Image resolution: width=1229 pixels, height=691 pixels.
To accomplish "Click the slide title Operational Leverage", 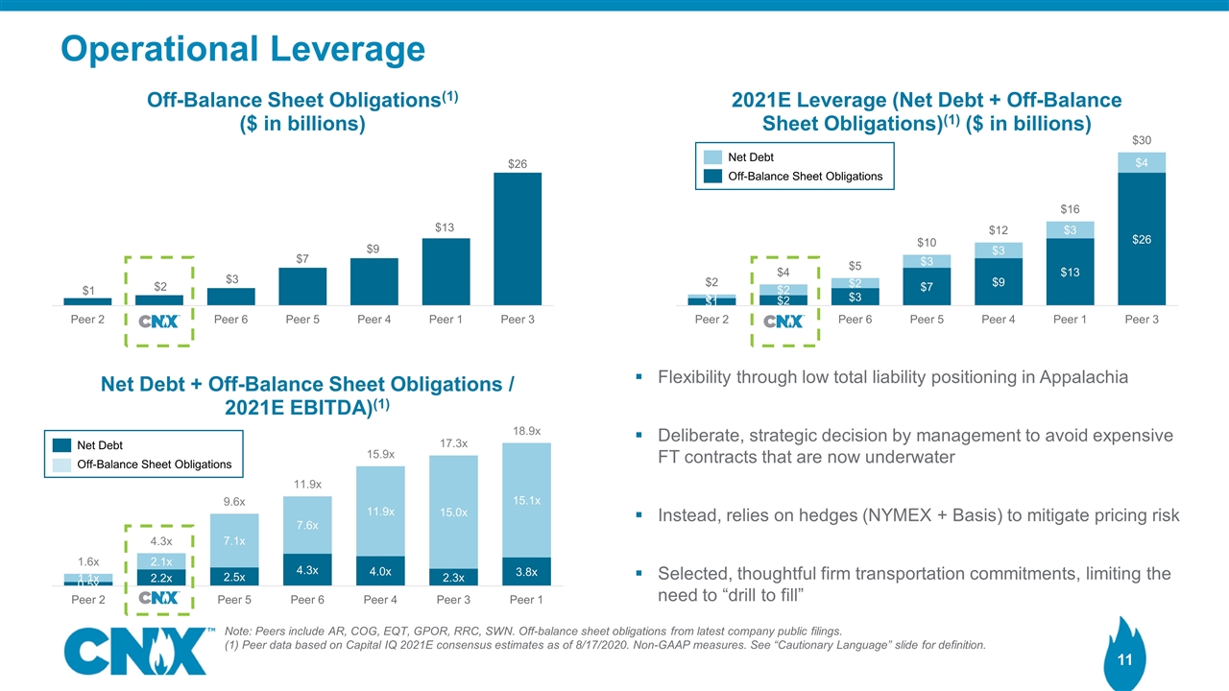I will [x=243, y=49].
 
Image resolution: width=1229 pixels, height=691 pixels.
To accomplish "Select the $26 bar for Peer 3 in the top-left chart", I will [x=518, y=239].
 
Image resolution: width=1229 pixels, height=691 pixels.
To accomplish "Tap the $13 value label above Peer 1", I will [x=446, y=228].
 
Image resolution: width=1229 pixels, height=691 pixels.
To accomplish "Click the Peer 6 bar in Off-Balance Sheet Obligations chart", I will [x=231, y=297].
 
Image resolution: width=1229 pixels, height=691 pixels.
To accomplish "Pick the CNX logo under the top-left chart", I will [x=159, y=320].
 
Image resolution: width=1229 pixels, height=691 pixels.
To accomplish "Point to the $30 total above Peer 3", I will [x=1141, y=140].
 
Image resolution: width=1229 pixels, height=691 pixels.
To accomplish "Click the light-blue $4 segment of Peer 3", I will [x=1142, y=162].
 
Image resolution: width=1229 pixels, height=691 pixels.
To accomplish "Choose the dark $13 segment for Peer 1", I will [x=1070, y=272].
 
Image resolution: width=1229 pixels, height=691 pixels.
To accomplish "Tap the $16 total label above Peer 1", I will [x=1070, y=208].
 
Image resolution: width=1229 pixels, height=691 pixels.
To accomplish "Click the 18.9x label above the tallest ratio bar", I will [x=525, y=431].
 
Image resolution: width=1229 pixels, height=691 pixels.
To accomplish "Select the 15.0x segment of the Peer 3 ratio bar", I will [x=453, y=513].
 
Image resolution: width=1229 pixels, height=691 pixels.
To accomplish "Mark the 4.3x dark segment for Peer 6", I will [x=306, y=569].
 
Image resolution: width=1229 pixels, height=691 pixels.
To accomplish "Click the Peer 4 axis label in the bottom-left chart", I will [x=379, y=599].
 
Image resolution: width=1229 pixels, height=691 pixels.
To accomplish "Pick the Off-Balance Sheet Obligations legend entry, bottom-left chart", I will [x=154, y=465].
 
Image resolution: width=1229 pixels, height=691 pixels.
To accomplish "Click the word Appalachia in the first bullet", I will [x=1081, y=377].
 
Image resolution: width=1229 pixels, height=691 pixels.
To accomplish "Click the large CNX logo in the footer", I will [x=133, y=652].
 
